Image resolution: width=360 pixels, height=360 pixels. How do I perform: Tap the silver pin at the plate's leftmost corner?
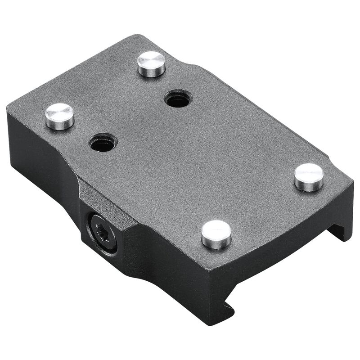[59, 116]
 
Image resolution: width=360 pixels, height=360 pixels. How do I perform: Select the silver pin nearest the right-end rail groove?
[309, 176]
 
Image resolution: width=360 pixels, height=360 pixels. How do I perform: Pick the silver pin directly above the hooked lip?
[216, 234]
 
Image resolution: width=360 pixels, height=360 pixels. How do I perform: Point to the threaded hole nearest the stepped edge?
[177, 99]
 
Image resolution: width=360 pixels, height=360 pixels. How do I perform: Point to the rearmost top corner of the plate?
[135, 36]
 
